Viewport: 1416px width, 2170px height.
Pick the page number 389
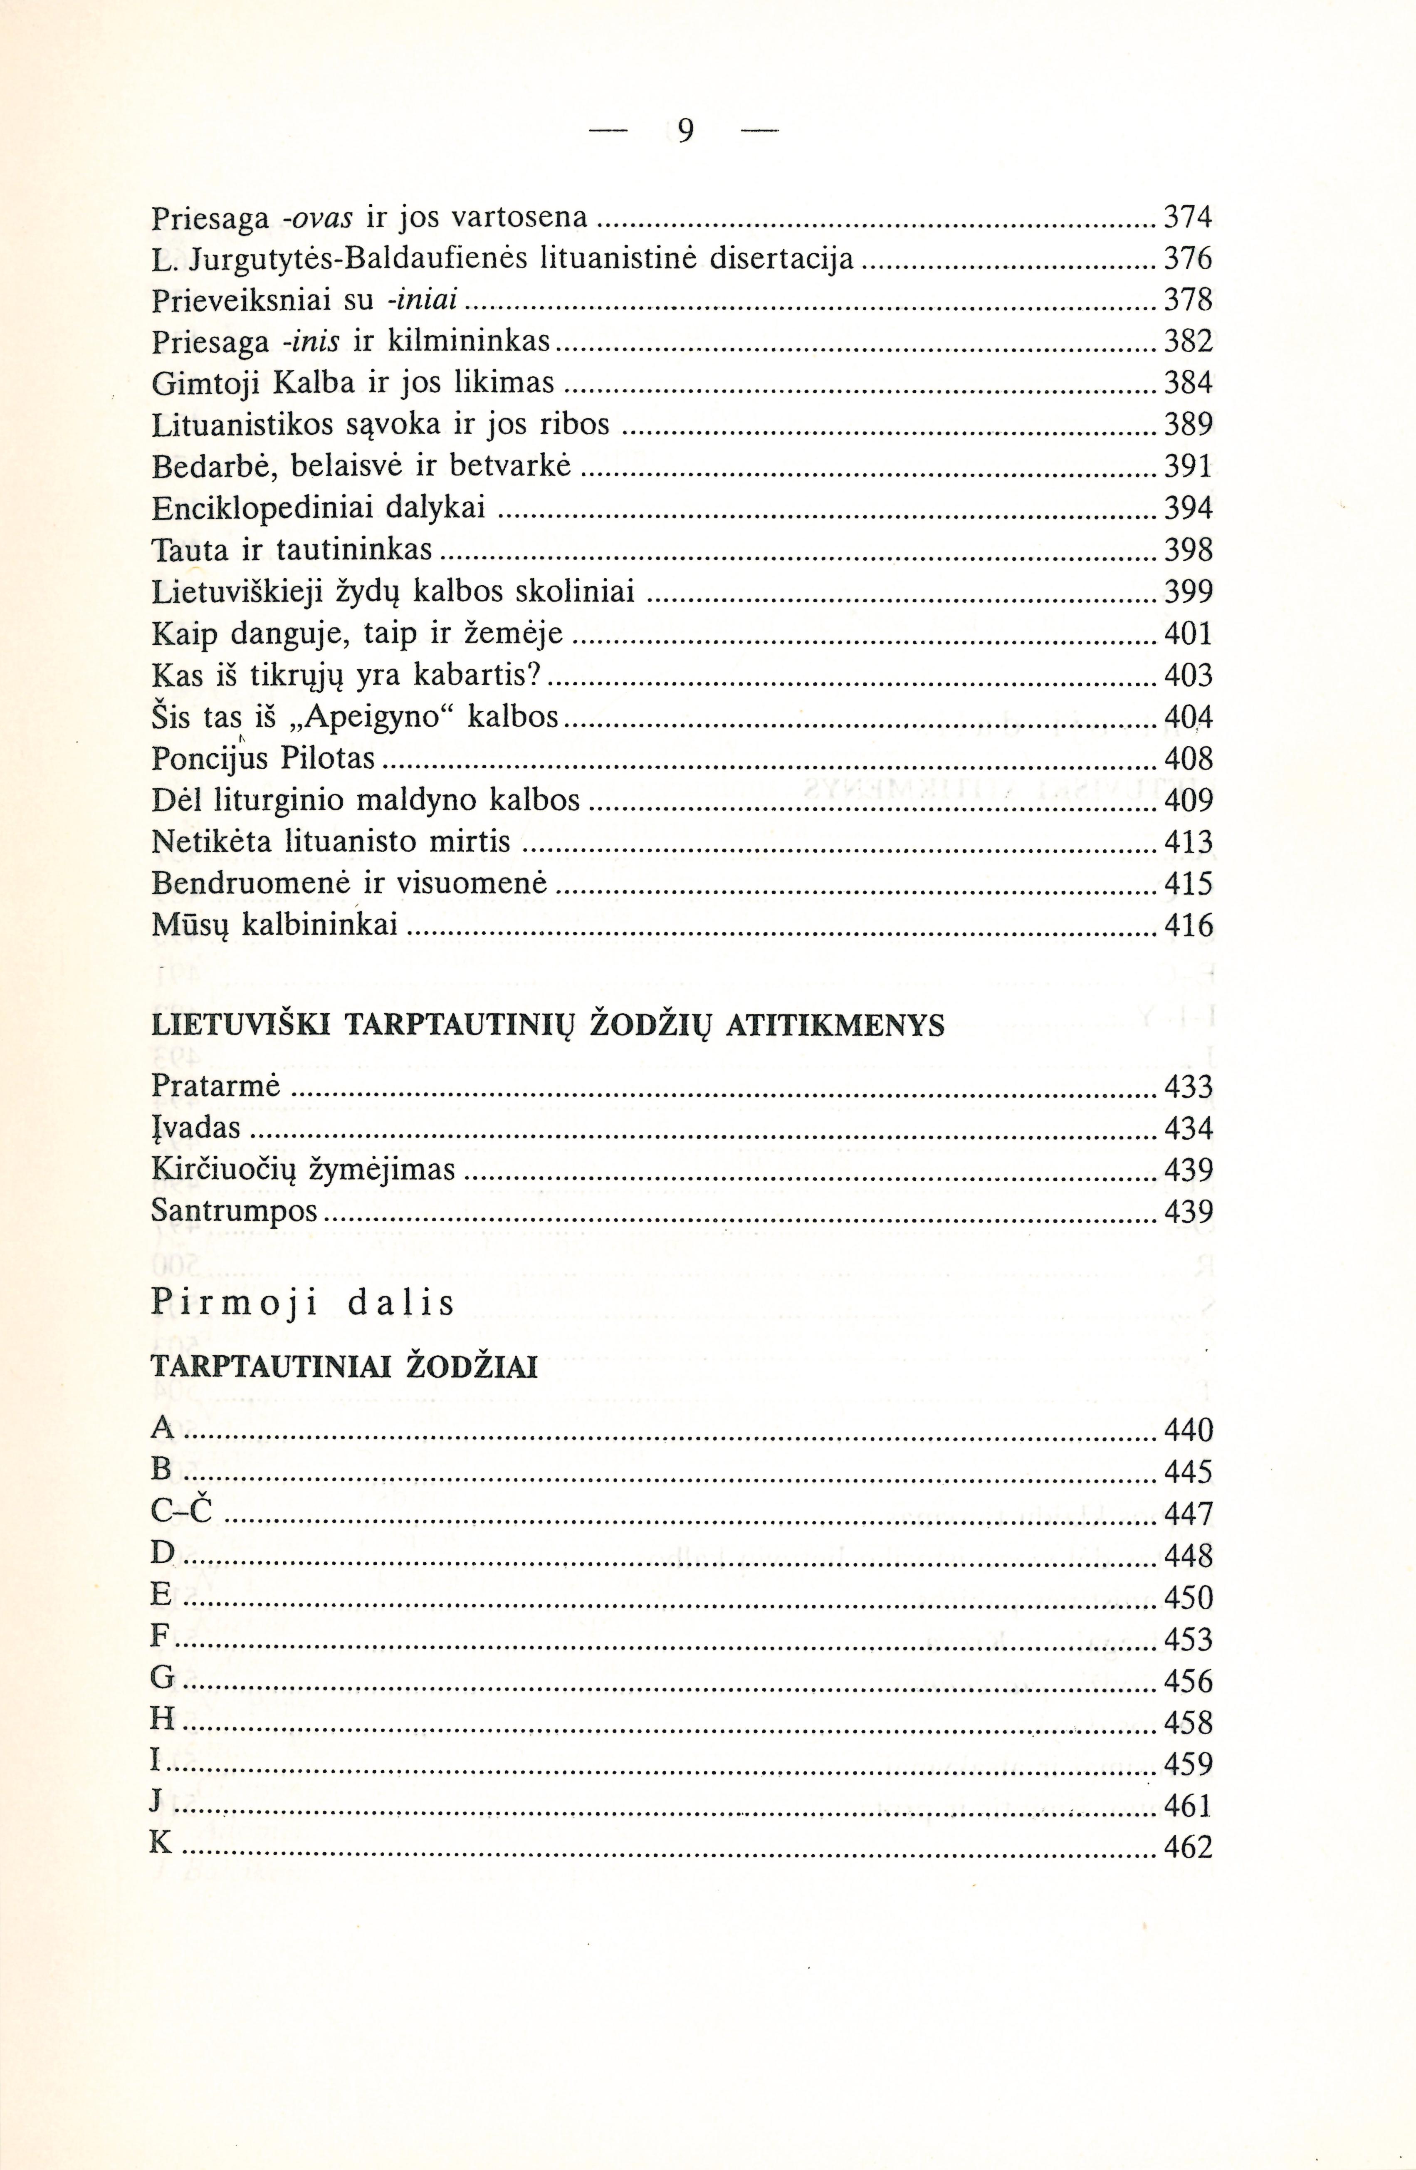point(1189,425)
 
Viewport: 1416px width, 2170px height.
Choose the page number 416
point(1189,926)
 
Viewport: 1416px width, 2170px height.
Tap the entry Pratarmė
point(215,1087)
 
